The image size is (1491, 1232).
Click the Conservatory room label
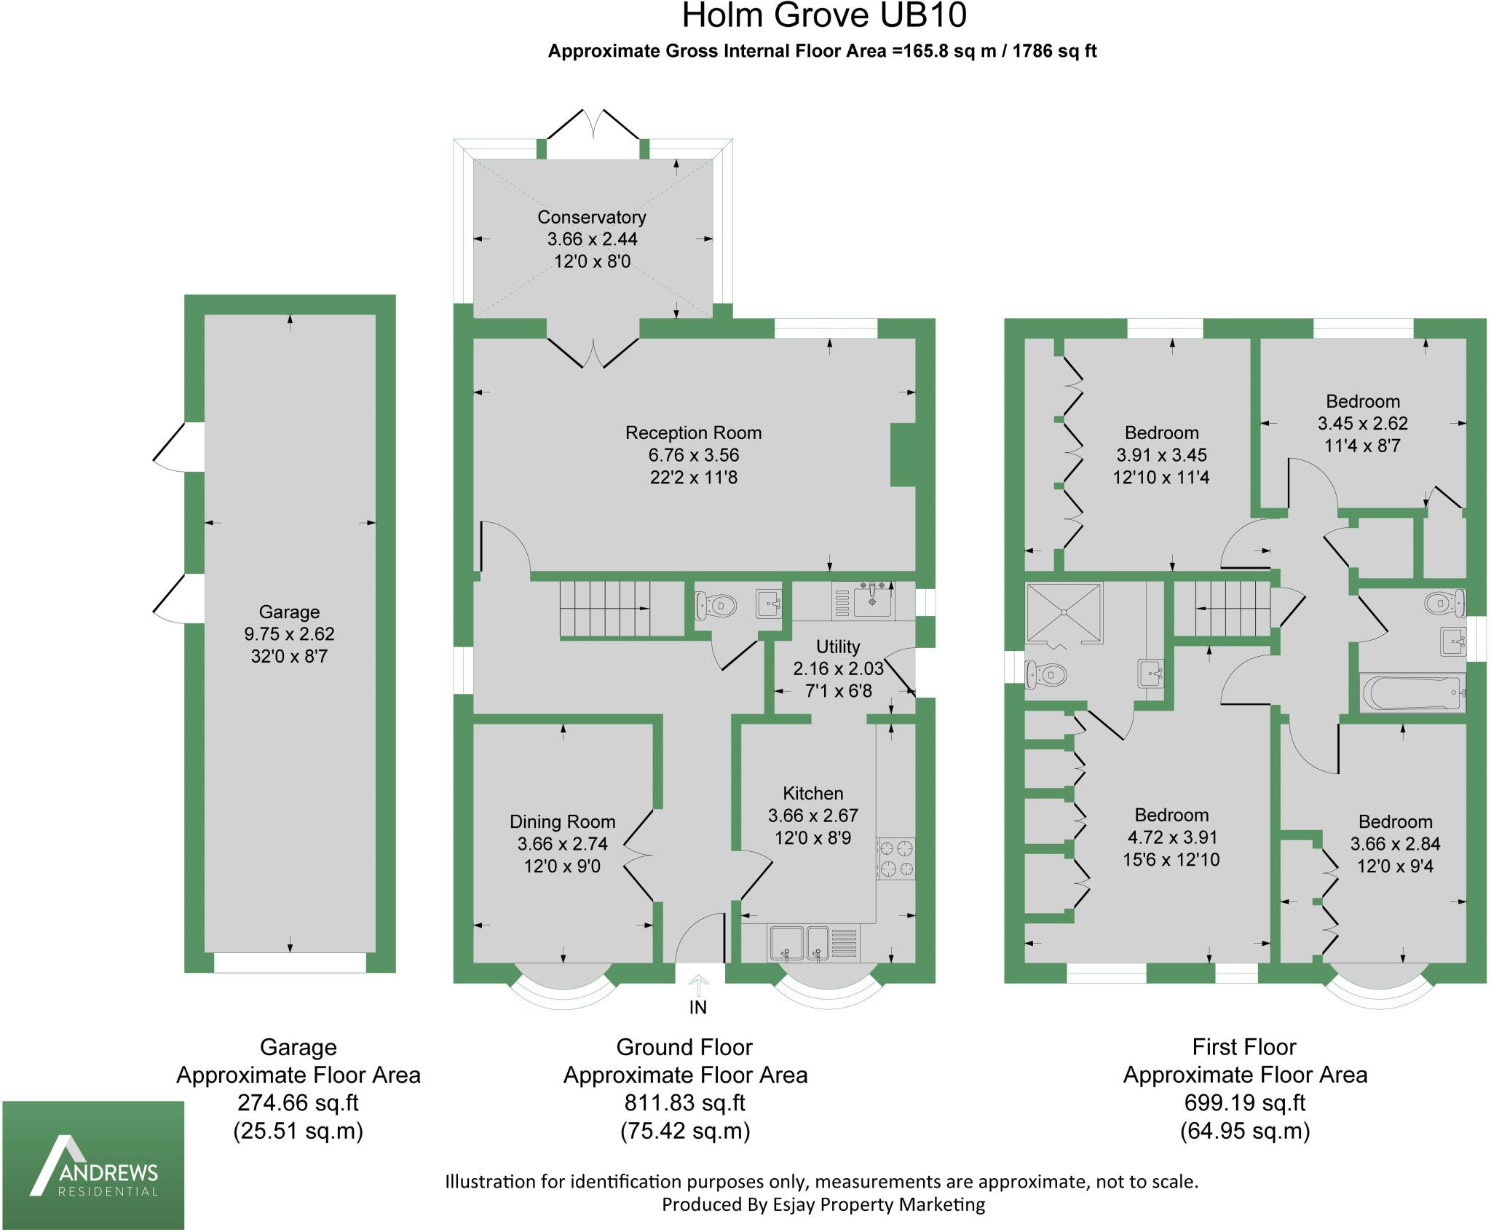coord(591,217)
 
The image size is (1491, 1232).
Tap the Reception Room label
coord(693,433)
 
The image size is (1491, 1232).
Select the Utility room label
coord(838,647)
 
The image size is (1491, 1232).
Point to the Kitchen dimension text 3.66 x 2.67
coord(812,816)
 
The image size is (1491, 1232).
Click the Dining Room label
coord(562,822)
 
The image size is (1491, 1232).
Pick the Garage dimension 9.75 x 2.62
coord(289,634)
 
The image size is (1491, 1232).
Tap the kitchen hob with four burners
coord(895,858)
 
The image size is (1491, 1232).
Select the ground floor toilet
coord(716,604)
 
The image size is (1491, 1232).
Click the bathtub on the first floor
coord(1412,692)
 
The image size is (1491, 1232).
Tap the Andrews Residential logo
coord(93,1165)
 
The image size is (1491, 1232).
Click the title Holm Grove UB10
coord(823,16)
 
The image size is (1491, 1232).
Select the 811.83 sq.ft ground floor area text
coord(684,1103)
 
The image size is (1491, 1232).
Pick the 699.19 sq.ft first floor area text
coord(1244,1103)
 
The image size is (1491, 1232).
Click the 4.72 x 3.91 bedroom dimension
coord(1171,837)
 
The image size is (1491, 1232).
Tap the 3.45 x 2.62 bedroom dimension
coord(1362,423)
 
